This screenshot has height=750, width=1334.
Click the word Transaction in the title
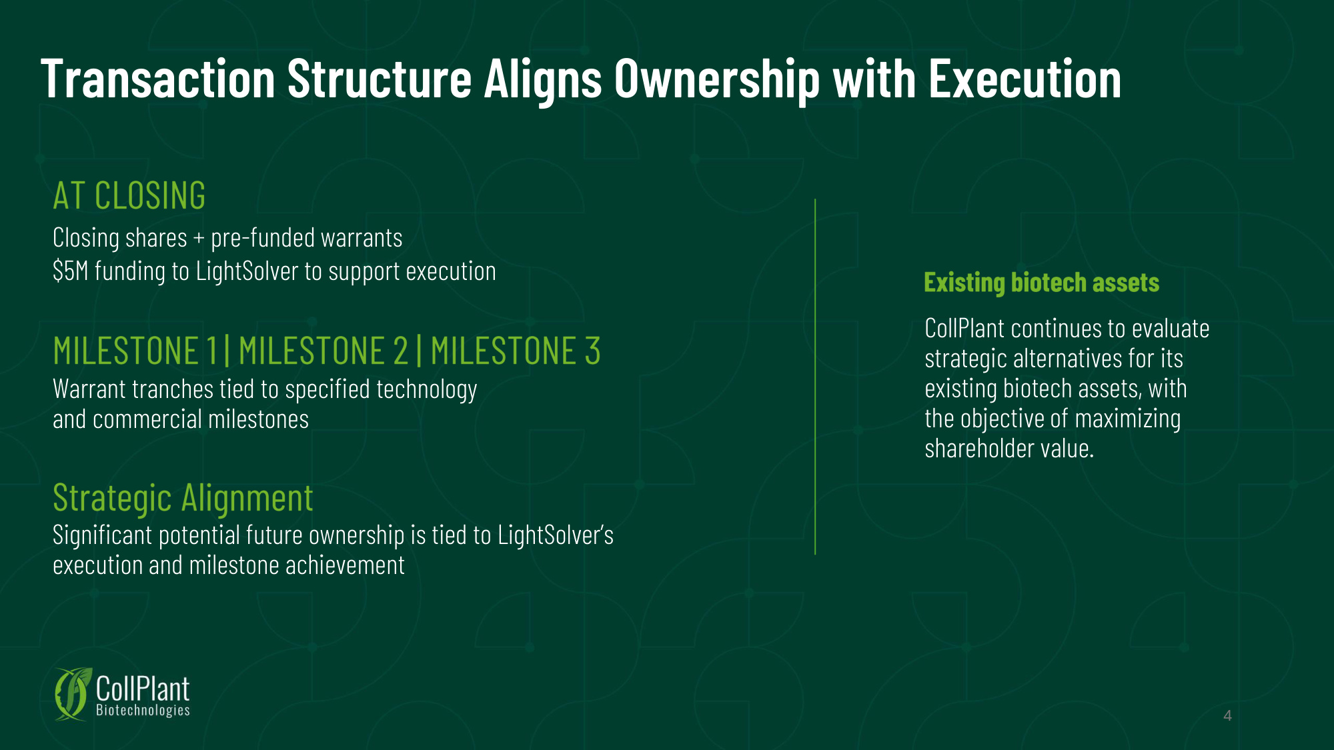[x=158, y=79]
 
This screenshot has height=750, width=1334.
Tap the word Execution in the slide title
[x=1025, y=79]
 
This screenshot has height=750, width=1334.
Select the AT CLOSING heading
[x=129, y=196]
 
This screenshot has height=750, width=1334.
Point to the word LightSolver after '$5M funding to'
[x=247, y=271]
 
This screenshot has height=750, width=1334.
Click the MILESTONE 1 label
[x=135, y=351]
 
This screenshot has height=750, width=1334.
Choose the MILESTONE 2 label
[x=323, y=351]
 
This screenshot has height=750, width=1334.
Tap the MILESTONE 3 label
[x=516, y=351]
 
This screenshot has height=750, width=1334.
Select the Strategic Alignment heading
[x=183, y=499]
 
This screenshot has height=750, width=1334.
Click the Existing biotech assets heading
[x=1042, y=283]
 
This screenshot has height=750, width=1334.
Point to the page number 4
[x=1227, y=716]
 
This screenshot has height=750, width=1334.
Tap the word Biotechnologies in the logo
[x=143, y=711]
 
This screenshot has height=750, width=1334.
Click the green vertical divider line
[x=815, y=377]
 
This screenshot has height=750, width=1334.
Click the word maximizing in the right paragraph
[x=1128, y=419]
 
